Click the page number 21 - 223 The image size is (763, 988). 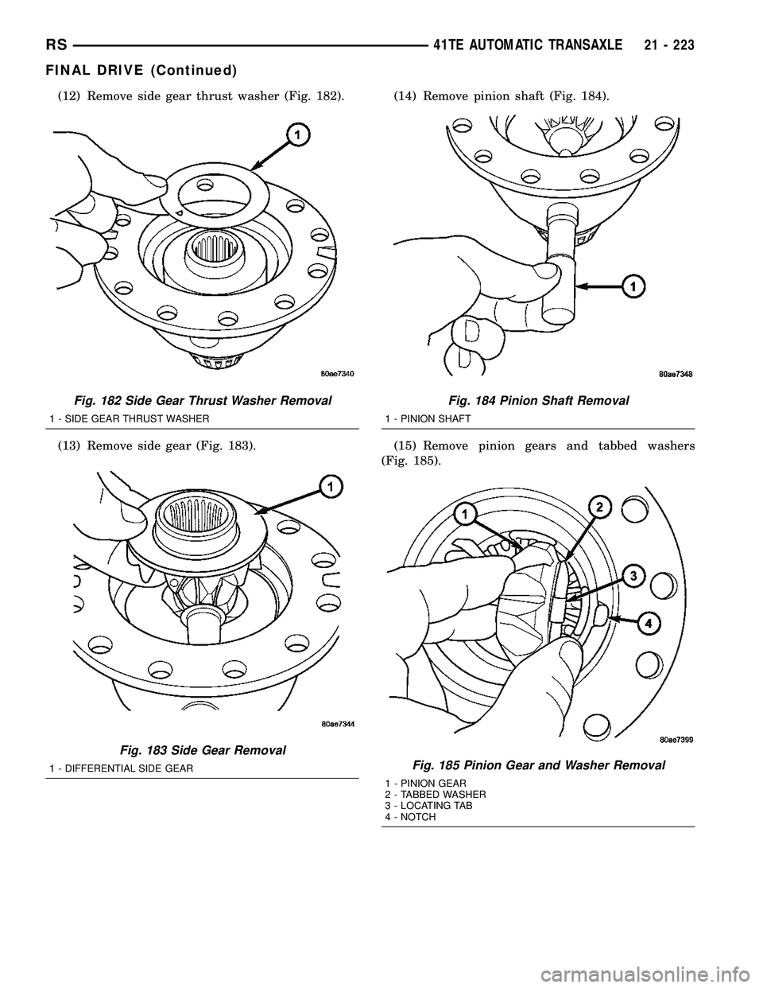tap(668, 45)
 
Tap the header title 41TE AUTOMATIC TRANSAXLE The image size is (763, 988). tap(528, 45)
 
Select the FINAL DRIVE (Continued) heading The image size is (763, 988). tap(141, 70)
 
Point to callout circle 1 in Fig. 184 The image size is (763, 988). tap(633, 286)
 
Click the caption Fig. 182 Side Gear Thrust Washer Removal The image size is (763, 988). tap(202, 401)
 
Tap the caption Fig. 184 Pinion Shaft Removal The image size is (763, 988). tap(539, 401)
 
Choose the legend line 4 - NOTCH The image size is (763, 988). tap(410, 817)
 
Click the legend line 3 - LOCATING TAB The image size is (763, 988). tap(428, 806)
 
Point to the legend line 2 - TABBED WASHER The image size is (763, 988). tap(435, 795)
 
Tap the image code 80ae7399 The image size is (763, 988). tap(676, 740)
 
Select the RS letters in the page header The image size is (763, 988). tap(56, 45)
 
